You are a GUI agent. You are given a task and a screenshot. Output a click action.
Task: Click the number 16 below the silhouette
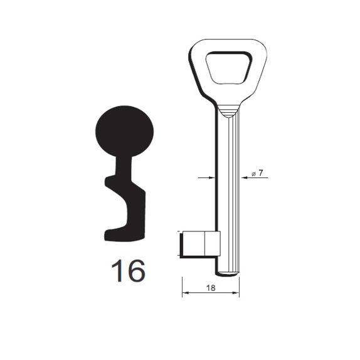coord(128,271)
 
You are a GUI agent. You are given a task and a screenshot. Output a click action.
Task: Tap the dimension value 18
coord(211,288)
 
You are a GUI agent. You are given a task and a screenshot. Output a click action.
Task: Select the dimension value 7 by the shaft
coord(260,172)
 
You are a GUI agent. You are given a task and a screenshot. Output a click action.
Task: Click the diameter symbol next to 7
coord(253,174)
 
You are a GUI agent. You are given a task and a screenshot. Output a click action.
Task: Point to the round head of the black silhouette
coord(125,131)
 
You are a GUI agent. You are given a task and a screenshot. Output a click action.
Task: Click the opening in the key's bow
coord(229,68)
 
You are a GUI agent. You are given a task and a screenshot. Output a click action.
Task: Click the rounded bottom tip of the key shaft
coord(227,273)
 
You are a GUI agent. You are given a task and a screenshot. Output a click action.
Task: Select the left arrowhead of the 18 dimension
coord(185,293)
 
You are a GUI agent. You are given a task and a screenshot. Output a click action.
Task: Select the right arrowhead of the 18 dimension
coord(236,293)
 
